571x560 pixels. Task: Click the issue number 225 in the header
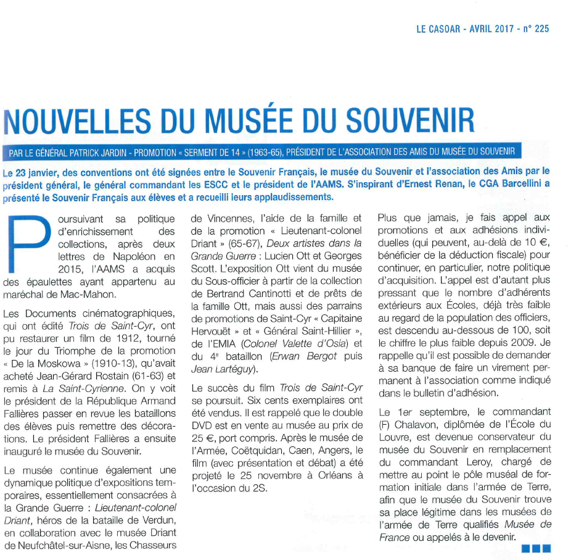541,28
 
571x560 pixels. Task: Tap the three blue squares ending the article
535,547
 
